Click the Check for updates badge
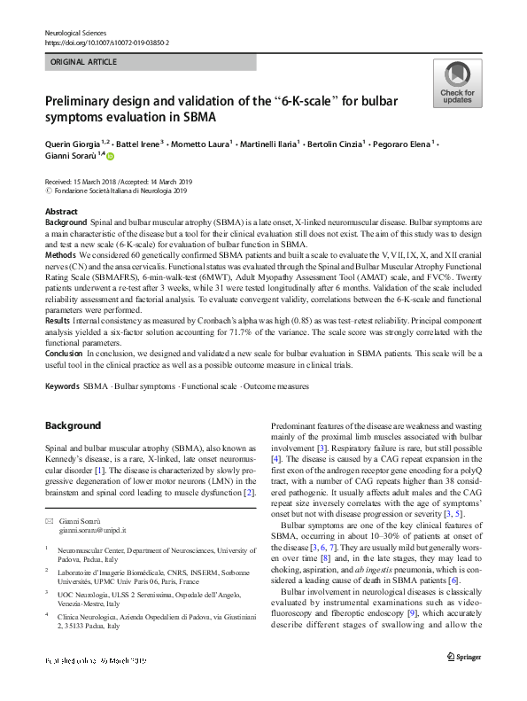pyautogui.click(x=457, y=83)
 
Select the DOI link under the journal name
pyautogui.click(x=106, y=43)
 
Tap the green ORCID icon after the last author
pyautogui.click(x=111, y=156)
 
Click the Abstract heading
pyautogui.click(x=60, y=213)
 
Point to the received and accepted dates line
pyautogui.click(x=124, y=182)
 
